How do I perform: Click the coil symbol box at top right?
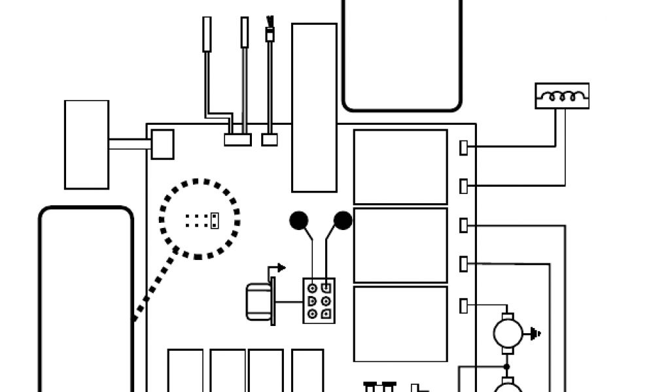pos(562,95)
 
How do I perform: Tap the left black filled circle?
pos(299,221)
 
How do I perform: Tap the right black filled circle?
pos(342,221)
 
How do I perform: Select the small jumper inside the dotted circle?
pos(213,220)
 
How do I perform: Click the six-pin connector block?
pos(319,301)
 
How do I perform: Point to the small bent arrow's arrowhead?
pos(281,267)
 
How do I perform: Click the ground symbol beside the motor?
pos(537,334)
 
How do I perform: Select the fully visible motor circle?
pos(508,333)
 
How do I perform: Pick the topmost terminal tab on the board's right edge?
pos(464,148)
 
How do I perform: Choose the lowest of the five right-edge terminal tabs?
pos(464,305)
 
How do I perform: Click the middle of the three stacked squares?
pos(400,245)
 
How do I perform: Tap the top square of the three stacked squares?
pos(400,167)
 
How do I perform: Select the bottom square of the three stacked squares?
pos(400,323)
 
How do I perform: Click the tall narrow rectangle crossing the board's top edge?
pos(314,108)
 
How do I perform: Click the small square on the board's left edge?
pos(162,144)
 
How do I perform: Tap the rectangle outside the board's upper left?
pos(86,144)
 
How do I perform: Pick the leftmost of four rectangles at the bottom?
pos(186,370)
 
